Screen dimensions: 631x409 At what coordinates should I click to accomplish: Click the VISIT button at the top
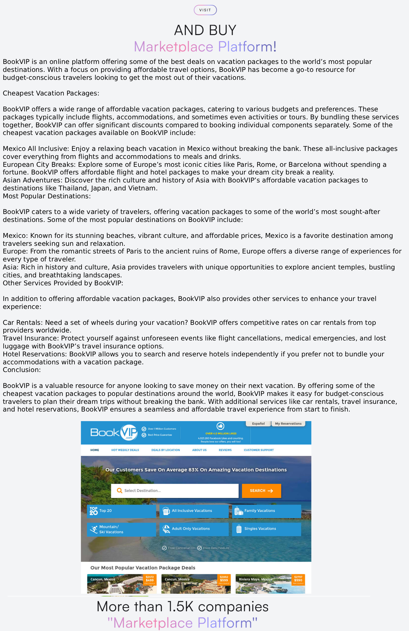205,10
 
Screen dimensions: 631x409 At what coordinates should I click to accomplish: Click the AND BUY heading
205,30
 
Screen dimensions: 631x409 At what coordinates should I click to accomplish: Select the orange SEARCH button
261,491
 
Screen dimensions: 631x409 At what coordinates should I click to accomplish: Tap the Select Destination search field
175,491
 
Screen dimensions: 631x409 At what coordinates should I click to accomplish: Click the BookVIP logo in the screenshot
114,432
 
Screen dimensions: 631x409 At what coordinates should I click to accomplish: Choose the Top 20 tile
121,511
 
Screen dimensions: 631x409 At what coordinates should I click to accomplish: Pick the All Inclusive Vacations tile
194,511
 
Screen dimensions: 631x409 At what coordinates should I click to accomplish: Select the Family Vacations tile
266,511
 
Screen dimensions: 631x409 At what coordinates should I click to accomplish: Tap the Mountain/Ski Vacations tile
121,529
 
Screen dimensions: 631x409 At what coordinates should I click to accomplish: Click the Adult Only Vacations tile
194,529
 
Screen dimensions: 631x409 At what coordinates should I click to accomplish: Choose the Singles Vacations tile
266,529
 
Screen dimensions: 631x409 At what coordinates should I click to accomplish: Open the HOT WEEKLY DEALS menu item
125,450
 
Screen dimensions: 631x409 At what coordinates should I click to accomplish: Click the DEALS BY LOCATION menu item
166,450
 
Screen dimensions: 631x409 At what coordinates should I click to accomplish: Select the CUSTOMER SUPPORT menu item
259,450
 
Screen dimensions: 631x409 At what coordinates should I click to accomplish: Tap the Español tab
258,424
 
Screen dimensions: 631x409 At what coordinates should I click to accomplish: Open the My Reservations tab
288,424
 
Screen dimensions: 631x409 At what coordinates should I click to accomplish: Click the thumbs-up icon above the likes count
221,426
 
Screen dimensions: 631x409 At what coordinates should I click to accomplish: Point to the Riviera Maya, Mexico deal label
255,579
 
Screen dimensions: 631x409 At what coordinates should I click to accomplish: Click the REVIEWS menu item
225,450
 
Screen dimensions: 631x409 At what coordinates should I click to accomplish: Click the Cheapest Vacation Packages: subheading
51,93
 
